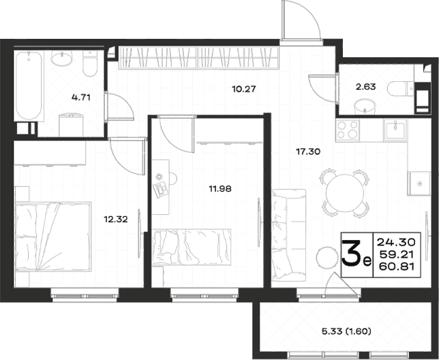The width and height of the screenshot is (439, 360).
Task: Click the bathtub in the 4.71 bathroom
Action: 29,86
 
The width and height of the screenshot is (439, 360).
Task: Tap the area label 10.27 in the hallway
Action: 244,89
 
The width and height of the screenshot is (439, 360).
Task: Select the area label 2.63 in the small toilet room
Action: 365,87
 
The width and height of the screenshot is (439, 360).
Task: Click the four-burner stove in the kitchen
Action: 348,130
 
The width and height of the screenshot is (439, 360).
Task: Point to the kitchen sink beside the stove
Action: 395,130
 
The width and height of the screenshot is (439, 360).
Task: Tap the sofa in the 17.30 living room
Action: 288,235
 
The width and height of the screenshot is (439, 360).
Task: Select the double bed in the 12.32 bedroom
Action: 53,237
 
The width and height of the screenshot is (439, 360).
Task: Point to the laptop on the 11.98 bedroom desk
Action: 161,190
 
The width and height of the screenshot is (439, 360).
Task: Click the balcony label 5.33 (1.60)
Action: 346,332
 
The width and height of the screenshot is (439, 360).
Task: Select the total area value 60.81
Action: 397,267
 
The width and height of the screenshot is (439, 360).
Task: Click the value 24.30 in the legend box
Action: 396,241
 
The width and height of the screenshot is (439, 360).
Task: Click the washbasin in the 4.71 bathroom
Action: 61,59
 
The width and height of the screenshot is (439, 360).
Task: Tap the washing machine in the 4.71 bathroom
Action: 71,125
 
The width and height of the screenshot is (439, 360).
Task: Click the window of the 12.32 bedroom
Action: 85,296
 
